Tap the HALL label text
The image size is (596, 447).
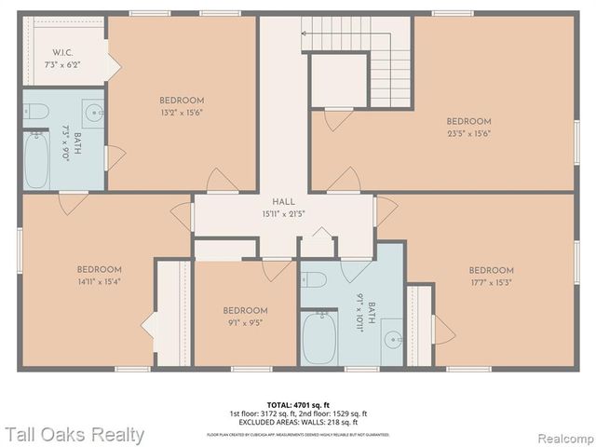point(283,202)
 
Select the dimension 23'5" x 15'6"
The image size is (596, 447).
point(467,133)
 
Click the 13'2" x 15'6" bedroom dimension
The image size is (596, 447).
point(181,113)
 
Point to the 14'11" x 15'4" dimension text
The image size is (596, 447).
point(100,282)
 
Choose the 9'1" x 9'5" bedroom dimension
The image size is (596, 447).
point(245,324)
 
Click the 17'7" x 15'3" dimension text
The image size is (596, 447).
point(492,283)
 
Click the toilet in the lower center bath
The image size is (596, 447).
point(314,278)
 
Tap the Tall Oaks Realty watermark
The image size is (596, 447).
point(74,434)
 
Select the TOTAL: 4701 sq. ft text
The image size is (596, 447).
point(297,404)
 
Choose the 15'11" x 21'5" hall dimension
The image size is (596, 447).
point(283,213)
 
